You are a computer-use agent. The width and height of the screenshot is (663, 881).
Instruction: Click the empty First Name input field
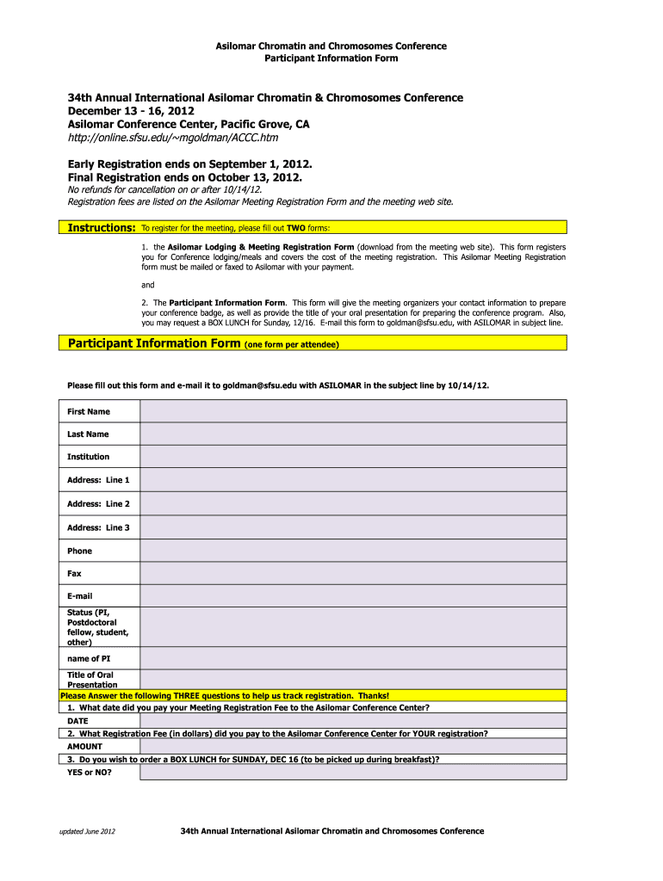[x=353, y=411]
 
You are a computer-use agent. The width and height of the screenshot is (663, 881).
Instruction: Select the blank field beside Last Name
[x=353, y=434]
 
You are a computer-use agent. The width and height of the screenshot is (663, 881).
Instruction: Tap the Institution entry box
[x=353, y=457]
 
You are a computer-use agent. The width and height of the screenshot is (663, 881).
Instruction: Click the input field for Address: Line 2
[x=353, y=504]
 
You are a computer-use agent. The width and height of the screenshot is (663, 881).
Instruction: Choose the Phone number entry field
[x=353, y=551]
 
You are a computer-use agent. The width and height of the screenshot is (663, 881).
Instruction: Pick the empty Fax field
[x=353, y=573]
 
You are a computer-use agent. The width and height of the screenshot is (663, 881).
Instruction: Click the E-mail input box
[x=353, y=595]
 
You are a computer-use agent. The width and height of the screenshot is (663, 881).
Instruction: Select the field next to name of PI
[x=353, y=658]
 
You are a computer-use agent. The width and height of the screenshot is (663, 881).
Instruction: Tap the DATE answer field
[x=353, y=720]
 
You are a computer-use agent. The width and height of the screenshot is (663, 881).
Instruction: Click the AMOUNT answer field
[x=353, y=747]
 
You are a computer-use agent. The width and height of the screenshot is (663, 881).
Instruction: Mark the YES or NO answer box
[x=353, y=772]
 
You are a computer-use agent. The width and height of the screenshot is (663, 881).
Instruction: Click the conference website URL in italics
[x=173, y=138]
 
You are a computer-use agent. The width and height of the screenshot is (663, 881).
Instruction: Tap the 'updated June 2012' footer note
[x=86, y=832]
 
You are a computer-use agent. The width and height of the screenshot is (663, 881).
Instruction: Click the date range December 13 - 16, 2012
[x=131, y=111]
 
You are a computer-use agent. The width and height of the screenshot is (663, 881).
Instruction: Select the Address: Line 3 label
[x=98, y=527]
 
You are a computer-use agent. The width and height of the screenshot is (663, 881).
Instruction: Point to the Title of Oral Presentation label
[x=90, y=680]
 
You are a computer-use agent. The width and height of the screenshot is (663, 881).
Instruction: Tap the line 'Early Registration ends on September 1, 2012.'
[x=189, y=163]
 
